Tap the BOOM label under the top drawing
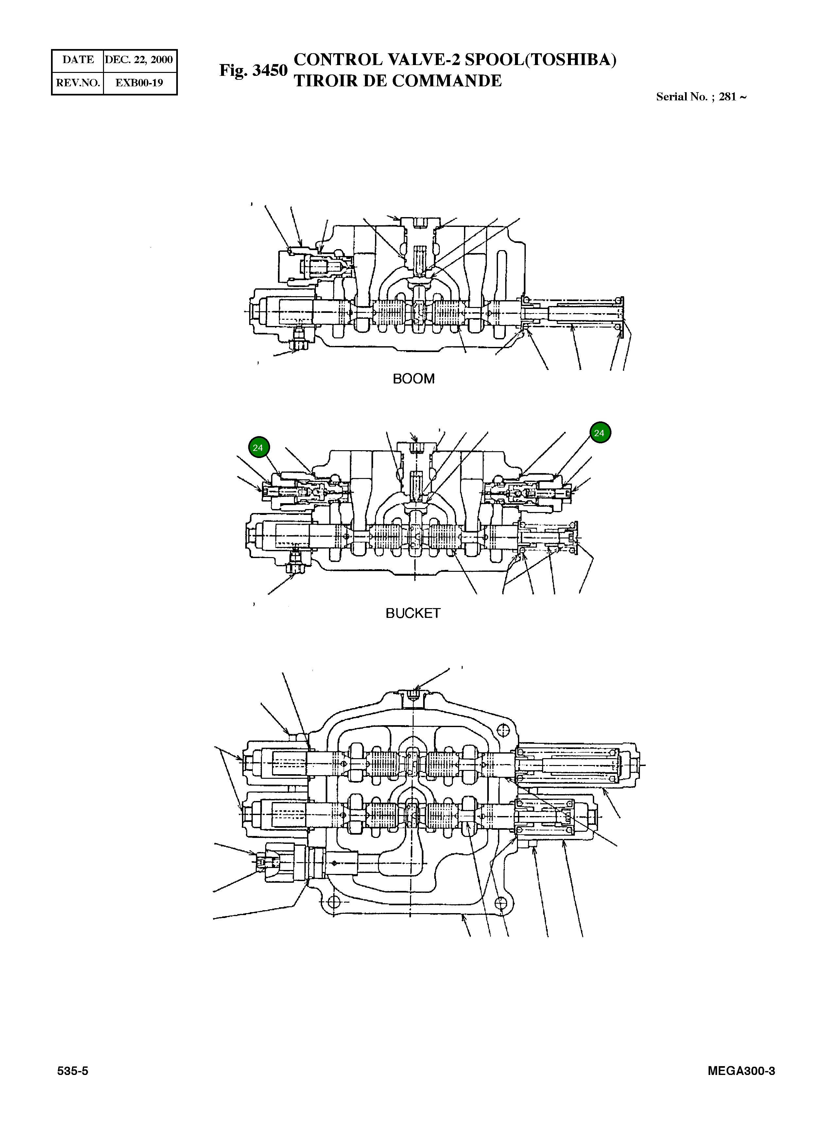tap(414, 379)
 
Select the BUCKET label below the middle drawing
tap(413, 613)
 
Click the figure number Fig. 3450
tap(253, 70)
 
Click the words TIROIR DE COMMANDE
tap(398, 81)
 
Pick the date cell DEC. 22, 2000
tap(139, 60)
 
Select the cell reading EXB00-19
tap(139, 83)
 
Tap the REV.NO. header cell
tap(78, 83)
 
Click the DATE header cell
tap(78, 60)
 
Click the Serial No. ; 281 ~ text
tap(701, 97)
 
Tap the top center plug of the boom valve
tap(421, 224)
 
